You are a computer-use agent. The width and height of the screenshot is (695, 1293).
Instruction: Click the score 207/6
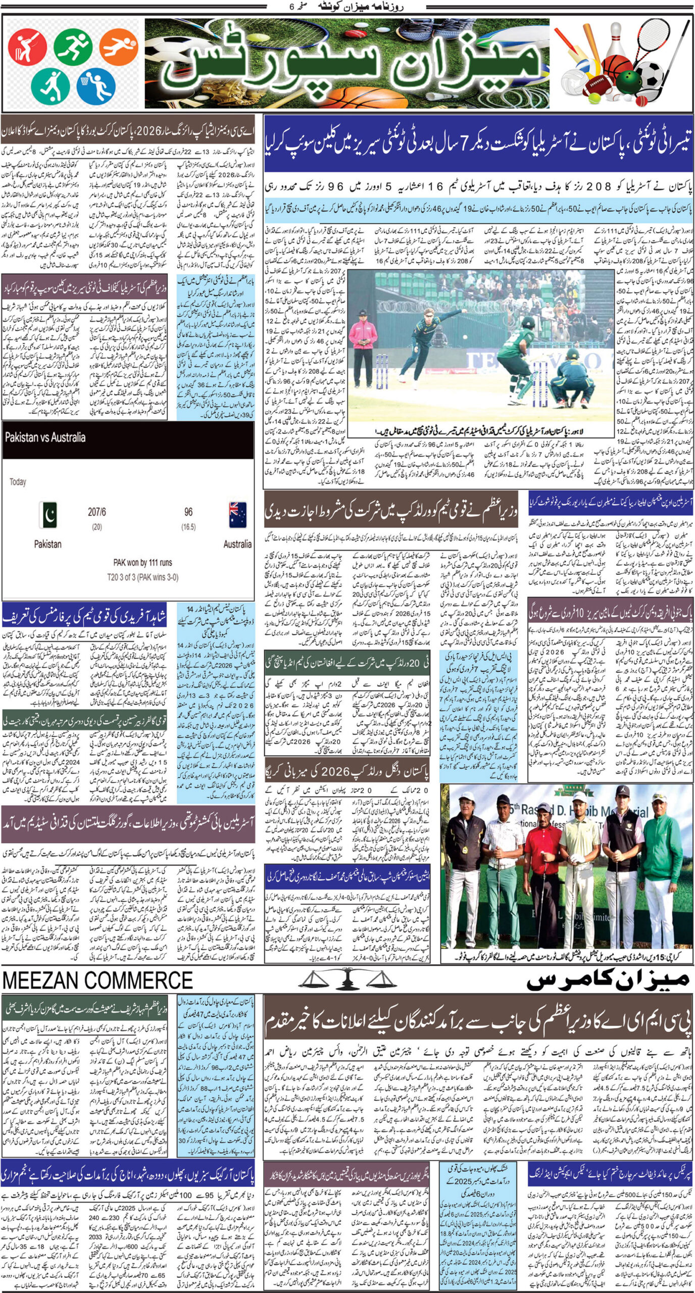click(97, 512)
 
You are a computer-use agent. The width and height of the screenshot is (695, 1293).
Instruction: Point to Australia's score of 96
click(188, 512)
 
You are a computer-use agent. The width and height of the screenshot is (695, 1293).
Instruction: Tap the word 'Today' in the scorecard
click(18, 482)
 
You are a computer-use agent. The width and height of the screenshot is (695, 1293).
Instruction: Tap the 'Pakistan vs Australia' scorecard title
click(45, 437)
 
